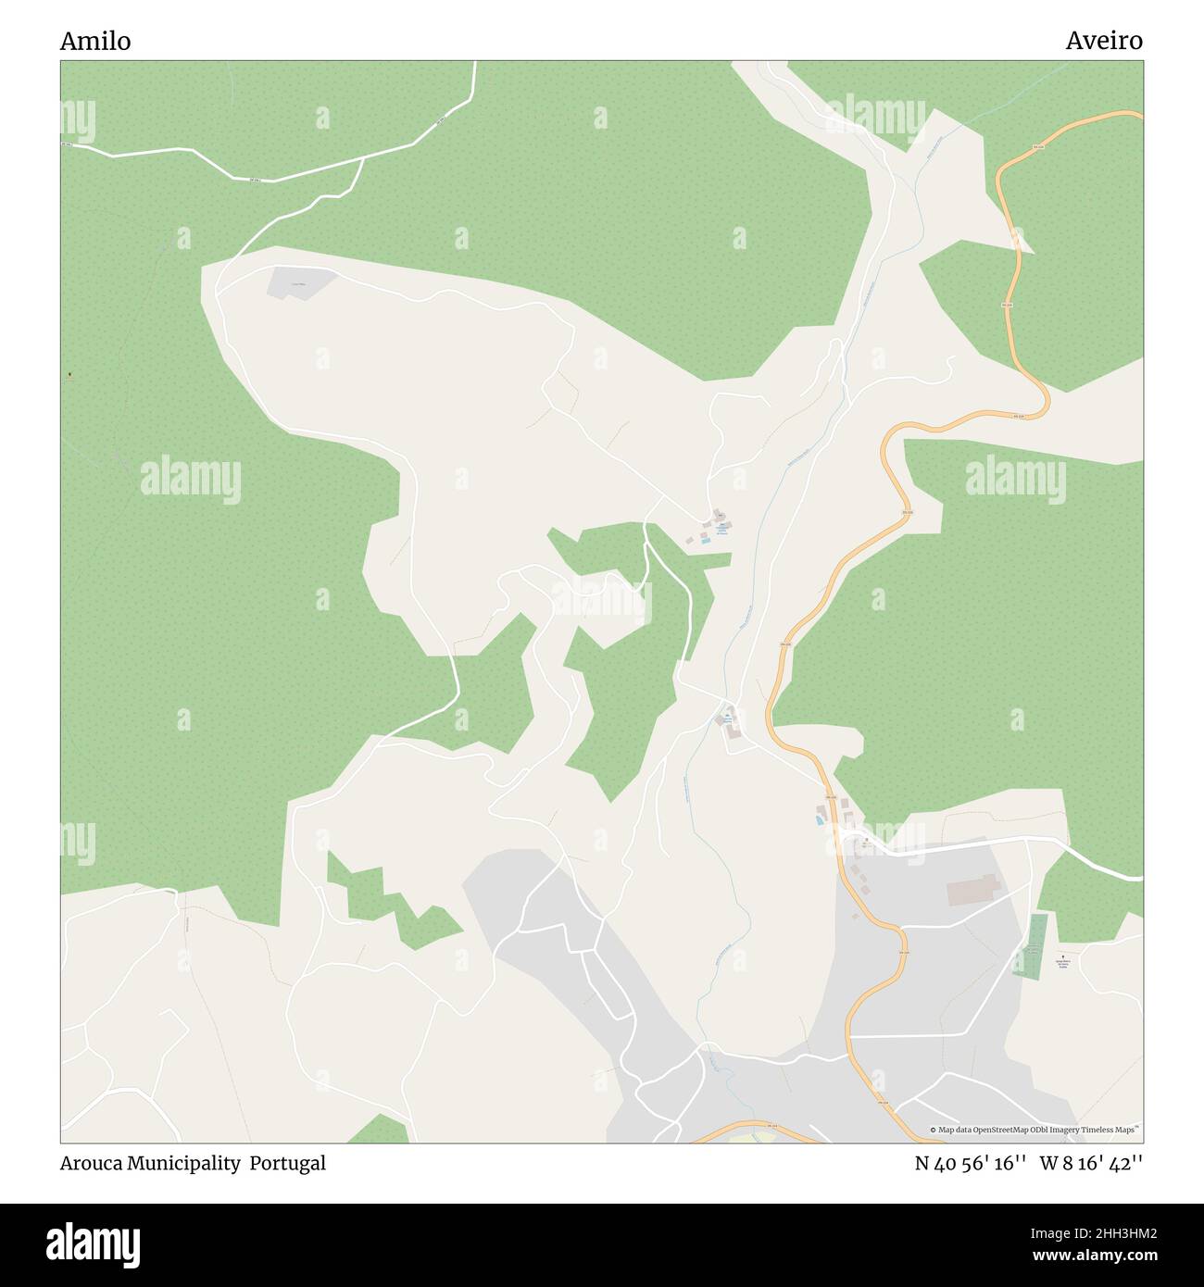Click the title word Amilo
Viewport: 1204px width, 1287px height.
[x=95, y=41]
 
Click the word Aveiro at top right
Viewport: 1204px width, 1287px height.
[x=1104, y=41]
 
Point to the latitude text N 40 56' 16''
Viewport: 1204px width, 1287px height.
[x=972, y=1163]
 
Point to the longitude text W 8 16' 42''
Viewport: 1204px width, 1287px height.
[x=1092, y=1163]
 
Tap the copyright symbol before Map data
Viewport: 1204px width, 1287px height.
[x=934, y=1130]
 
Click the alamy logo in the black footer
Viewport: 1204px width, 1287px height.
[x=93, y=1243]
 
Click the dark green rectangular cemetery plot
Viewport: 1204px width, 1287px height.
[x=1029, y=945]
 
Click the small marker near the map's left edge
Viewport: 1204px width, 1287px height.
[x=69, y=375]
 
